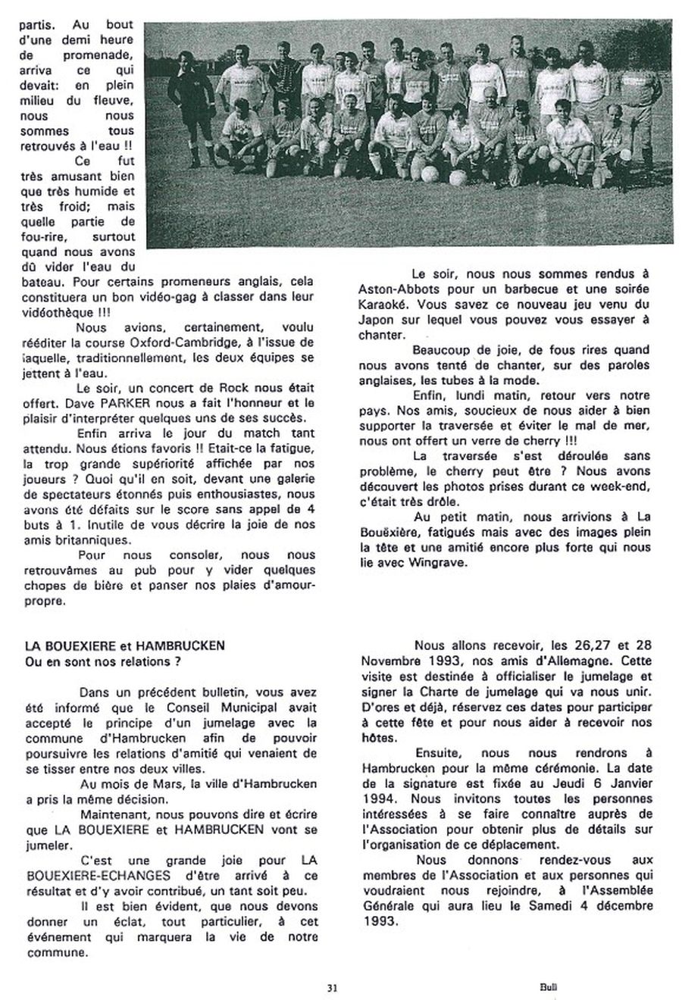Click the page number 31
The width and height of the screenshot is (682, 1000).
point(332,987)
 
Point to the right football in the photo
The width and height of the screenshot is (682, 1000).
point(458,178)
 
